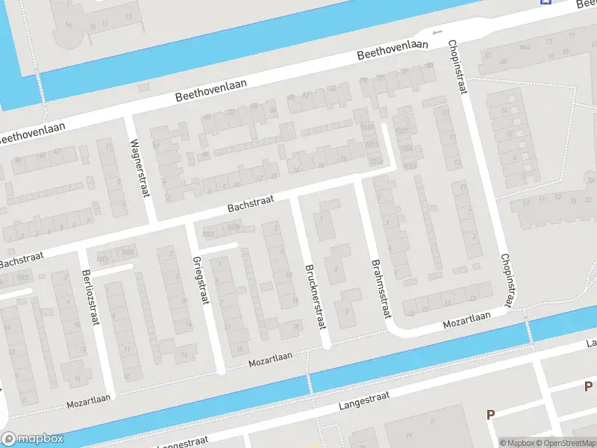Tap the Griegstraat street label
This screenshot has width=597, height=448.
200,280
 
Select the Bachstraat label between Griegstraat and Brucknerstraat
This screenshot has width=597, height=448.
251,203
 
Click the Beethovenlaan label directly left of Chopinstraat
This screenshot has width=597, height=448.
393,50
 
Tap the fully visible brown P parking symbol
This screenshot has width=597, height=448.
490,414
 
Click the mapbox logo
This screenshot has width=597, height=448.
33,439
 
